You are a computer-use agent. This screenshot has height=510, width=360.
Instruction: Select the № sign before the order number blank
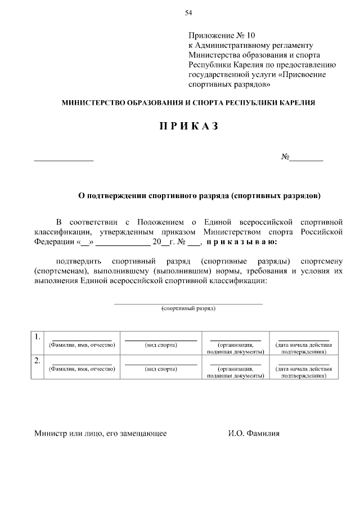(x=285, y=157)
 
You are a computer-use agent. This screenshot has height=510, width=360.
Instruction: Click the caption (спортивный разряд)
(x=188, y=308)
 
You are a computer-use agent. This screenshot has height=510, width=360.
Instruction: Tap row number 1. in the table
(x=37, y=337)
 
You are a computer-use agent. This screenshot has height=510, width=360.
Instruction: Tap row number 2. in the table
(x=37, y=361)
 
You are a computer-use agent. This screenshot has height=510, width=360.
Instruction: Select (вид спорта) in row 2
(x=161, y=369)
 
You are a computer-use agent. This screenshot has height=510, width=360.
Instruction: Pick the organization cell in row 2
(x=235, y=372)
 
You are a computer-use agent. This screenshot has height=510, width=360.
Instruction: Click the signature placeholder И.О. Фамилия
(x=254, y=434)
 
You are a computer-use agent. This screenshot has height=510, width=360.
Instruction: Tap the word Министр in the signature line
(x=50, y=434)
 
